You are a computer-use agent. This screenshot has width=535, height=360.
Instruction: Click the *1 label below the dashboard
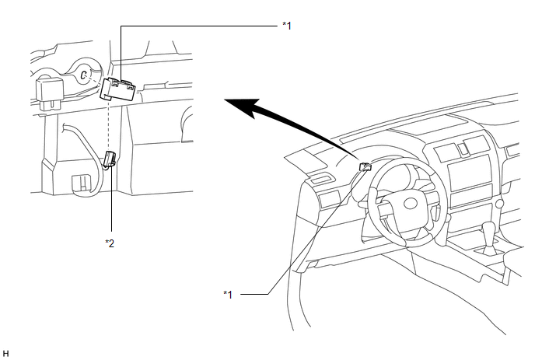[228, 294]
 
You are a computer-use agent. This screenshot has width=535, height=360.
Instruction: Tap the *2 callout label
[110, 243]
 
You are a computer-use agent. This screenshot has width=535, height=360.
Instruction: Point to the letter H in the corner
[5, 353]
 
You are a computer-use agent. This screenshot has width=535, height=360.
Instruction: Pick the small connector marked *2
[110, 159]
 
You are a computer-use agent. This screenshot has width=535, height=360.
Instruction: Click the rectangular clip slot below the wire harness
[79, 183]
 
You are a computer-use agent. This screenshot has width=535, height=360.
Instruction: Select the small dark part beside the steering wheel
[364, 165]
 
